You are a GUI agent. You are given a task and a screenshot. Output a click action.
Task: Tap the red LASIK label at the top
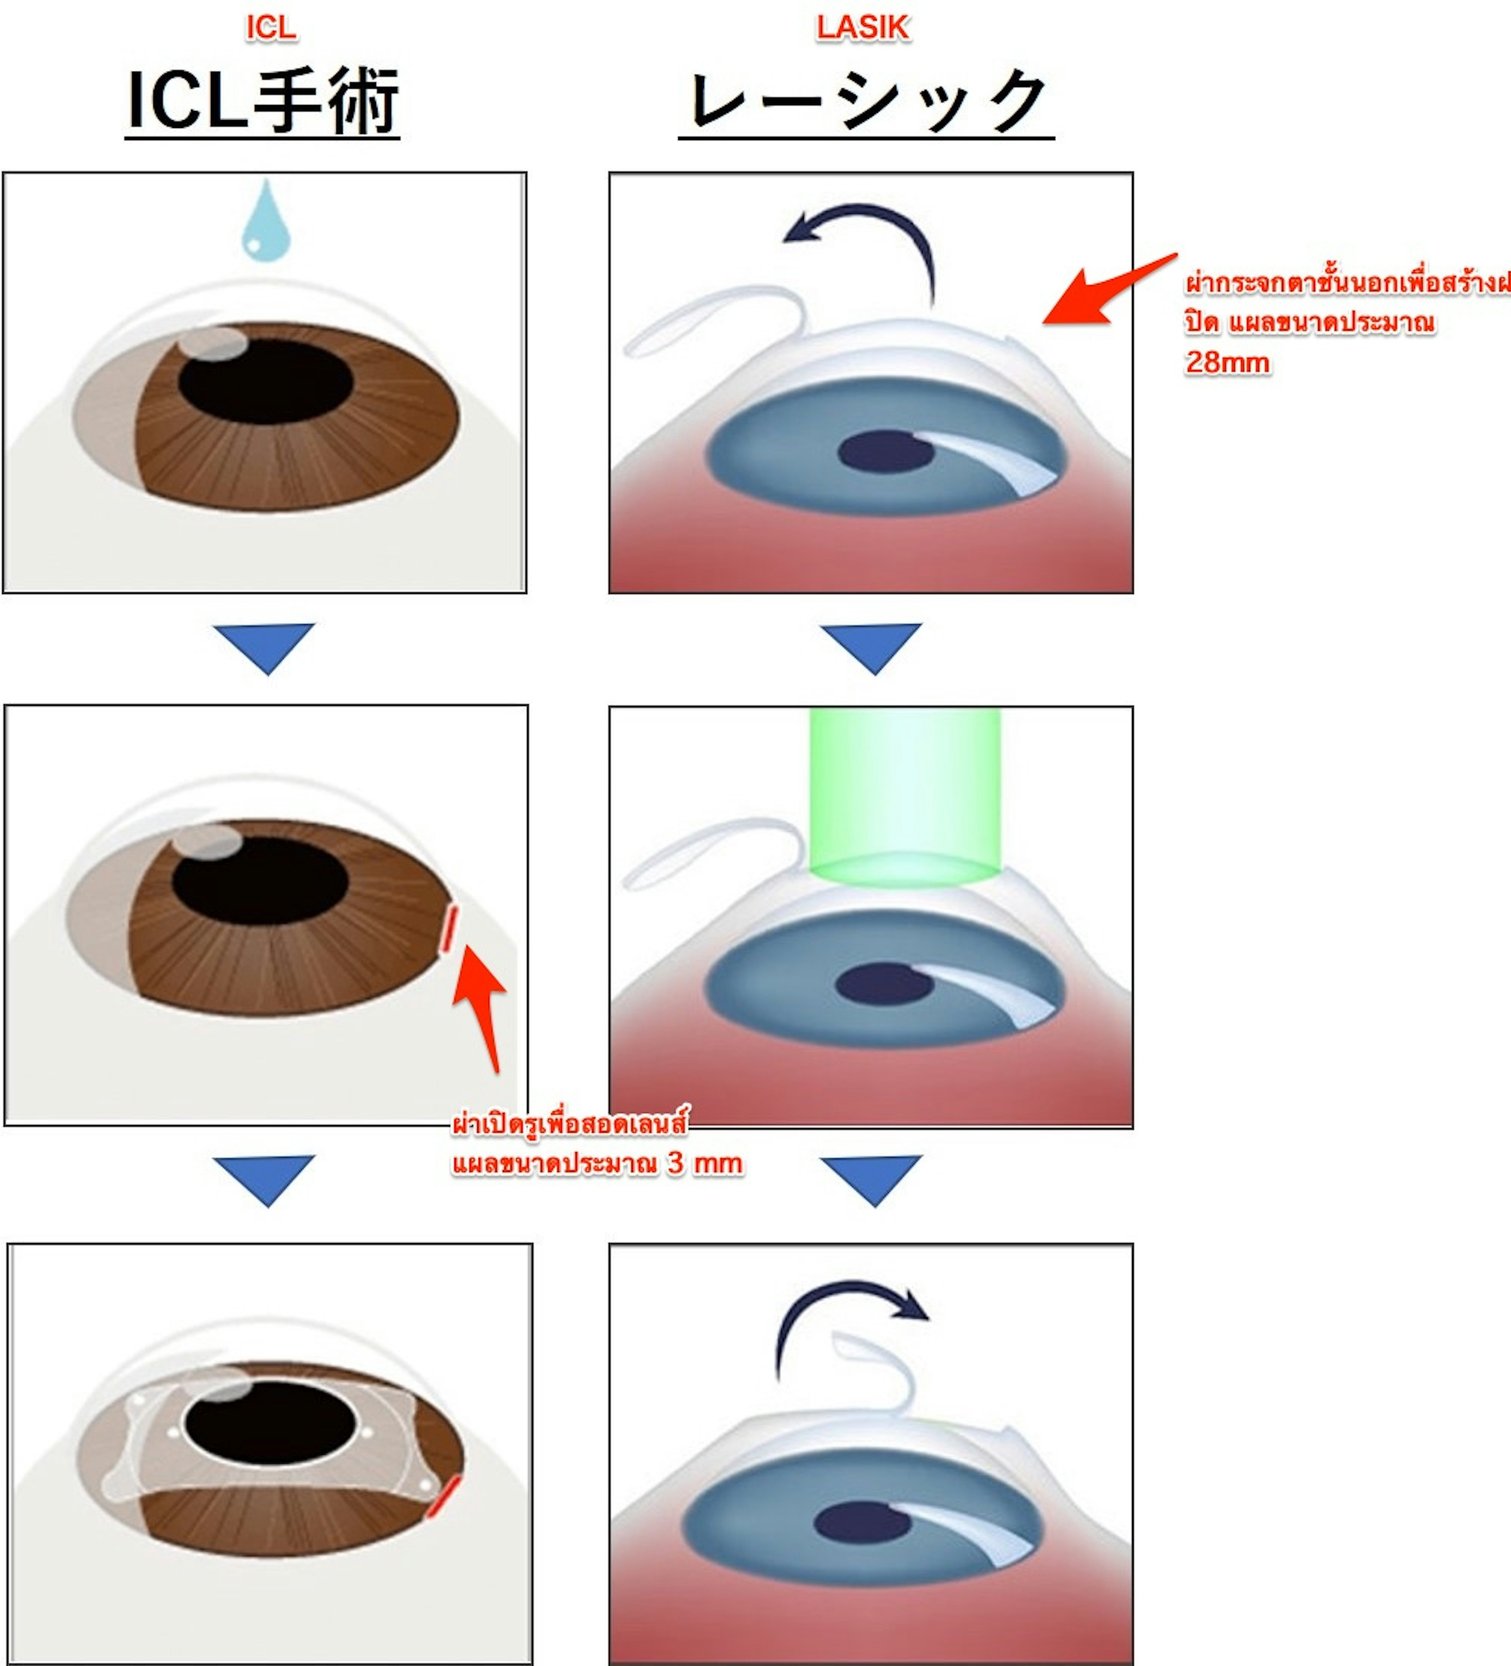[863, 28]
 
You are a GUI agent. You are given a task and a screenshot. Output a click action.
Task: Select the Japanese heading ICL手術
[263, 101]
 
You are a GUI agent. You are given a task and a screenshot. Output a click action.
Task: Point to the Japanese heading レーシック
[866, 101]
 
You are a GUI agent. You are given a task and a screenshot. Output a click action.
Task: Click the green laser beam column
[905, 793]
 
